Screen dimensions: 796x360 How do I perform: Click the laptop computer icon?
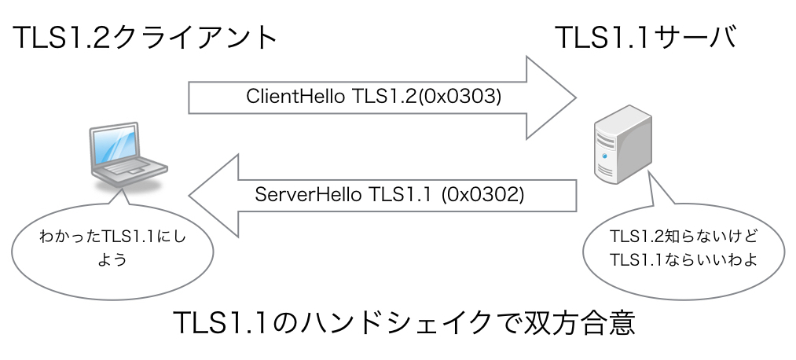(x=128, y=154)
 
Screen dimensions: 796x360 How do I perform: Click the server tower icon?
(x=623, y=144)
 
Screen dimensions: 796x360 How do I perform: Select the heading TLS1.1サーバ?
(x=646, y=37)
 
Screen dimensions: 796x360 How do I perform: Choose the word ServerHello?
(x=308, y=194)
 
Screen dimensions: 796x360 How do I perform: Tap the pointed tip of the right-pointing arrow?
(x=576, y=97)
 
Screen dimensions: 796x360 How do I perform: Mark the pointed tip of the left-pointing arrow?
(x=189, y=196)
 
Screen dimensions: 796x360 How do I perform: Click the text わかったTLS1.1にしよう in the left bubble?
(x=112, y=248)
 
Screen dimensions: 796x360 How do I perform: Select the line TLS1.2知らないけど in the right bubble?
(x=684, y=237)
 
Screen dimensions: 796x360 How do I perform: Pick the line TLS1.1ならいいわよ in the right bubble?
(x=684, y=259)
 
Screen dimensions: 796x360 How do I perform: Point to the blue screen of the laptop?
(x=115, y=145)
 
